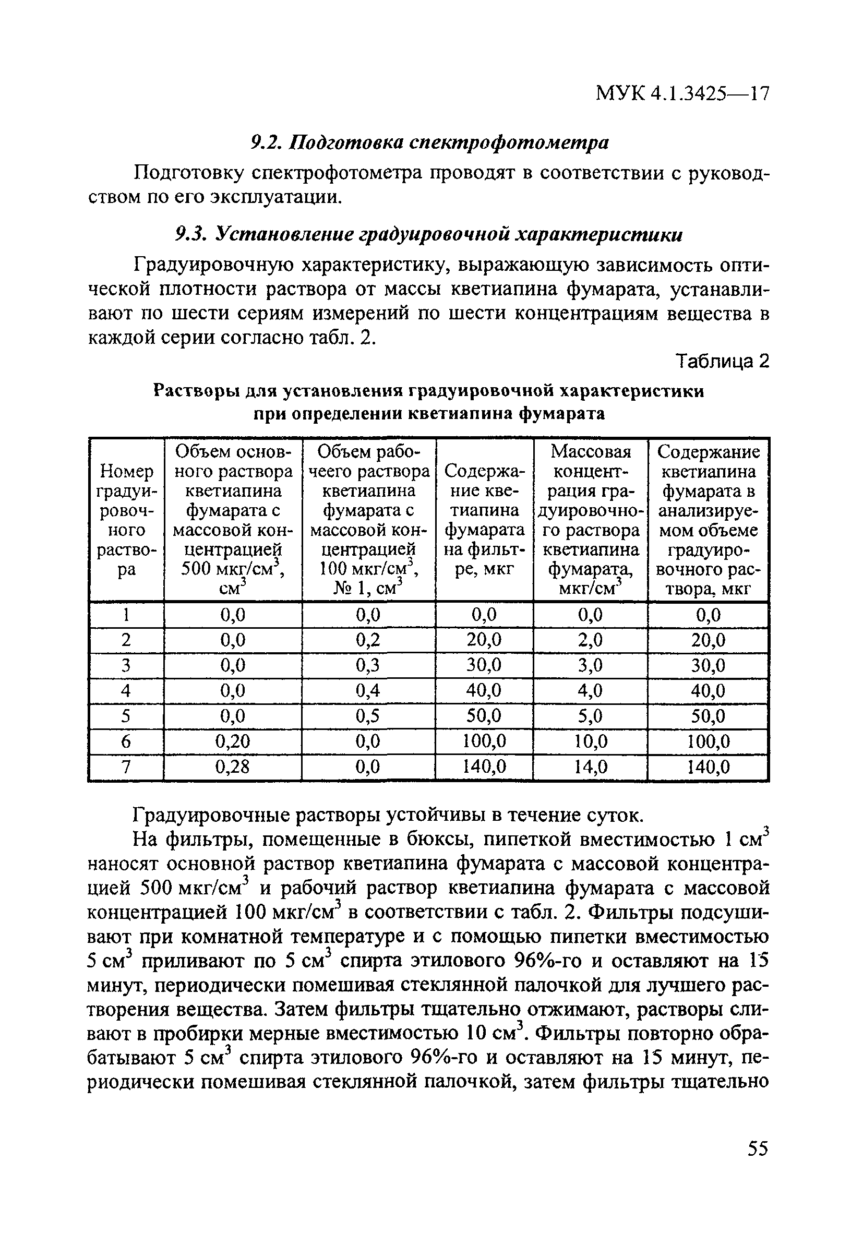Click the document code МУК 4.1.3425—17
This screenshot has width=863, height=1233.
coord(682,94)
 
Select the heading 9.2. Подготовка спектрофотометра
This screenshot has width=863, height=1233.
coord(430,142)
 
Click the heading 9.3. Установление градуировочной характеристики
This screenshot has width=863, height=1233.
coord(429,235)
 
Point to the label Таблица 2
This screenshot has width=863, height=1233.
coord(723,361)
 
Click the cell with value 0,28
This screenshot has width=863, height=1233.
coord(233,767)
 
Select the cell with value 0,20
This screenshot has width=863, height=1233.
coord(233,741)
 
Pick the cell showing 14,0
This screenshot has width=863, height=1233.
coord(590,767)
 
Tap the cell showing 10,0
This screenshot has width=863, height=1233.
coord(590,741)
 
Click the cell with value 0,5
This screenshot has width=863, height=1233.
coord(368,716)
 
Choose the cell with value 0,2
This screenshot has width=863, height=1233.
coord(368,640)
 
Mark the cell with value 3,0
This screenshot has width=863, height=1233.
coord(590,665)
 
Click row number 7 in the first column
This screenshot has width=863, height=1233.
coord(126,767)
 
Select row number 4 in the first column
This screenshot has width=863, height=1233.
coord(126,691)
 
